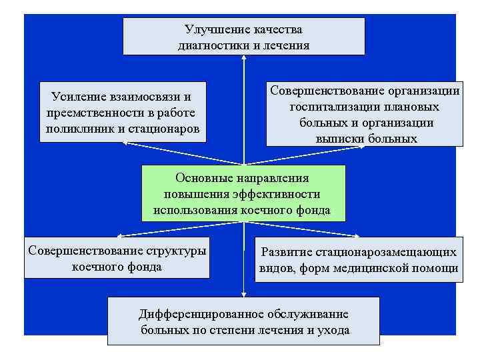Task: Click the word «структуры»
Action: tap(175, 251)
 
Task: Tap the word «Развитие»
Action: tap(287, 252)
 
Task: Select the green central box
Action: tap(243, 193)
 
